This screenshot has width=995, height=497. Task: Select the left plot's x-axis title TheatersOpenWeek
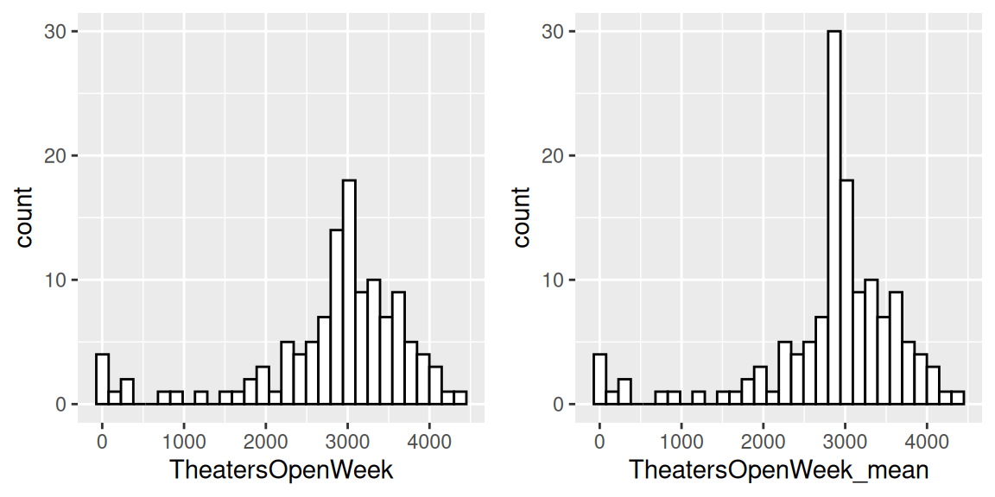tap(281, 470)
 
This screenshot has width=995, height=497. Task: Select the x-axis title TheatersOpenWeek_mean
tap(778, 470)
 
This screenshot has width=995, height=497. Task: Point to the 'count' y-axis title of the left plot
tap(24, 217)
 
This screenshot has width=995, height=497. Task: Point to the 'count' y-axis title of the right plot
tap(521, 217)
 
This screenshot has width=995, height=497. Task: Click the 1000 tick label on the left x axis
tap(184, 439)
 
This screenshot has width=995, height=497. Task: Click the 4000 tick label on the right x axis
tap(927, 439)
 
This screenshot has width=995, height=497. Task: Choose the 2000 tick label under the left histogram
tap(266, 439)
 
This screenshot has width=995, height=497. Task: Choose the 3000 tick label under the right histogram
tap(845, 439)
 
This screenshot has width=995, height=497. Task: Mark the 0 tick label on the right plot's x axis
tap(599, 439)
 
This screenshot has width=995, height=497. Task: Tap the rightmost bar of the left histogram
tap(460, 398)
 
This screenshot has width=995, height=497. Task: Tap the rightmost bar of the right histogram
tap(957, 398)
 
